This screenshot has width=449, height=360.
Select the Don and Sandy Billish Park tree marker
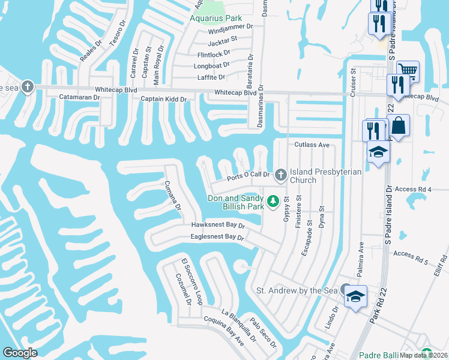click(x=274, y=200)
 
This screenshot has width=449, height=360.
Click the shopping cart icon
click(x=408, y=71)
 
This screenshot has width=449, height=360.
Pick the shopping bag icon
click(x=399, y=126)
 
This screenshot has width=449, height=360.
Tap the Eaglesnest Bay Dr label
click(x=217, y=238)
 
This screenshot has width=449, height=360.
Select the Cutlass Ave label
click(x=312, y=145)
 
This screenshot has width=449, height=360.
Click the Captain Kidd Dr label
click(x=163, y=99)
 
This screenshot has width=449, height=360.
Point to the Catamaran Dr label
click(x=79, y=97)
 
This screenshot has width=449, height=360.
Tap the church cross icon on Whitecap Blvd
click(x=26, y=87)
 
